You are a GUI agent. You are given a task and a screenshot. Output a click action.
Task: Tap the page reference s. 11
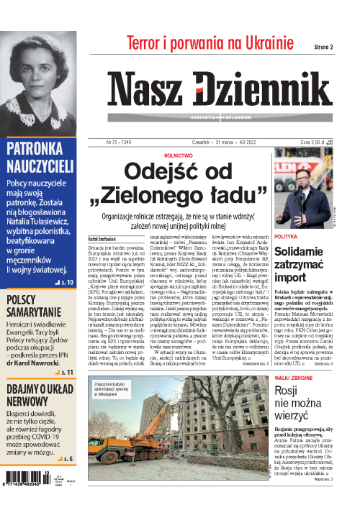[x=61, y=353]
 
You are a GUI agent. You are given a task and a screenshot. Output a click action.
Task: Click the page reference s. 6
[x=65, y=459]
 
